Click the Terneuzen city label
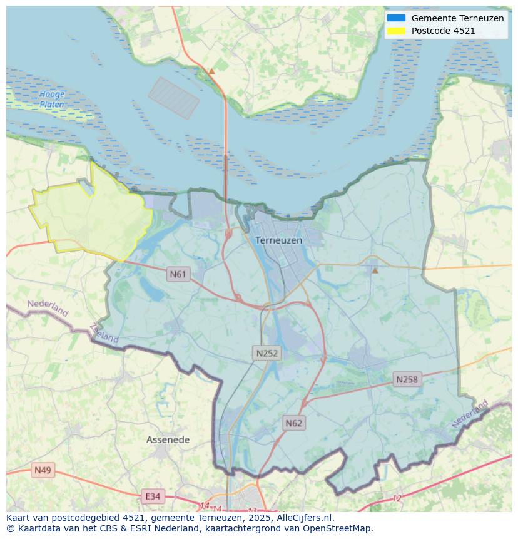278,240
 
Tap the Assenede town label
168,439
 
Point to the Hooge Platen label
51,100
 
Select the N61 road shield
178,274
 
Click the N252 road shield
267,353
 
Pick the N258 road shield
407,379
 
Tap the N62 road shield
293,423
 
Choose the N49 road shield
43,470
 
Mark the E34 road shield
152,496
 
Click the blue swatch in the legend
396,18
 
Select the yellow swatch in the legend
396,31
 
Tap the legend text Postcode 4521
443,31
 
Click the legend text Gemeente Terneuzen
457,18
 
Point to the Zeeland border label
104,332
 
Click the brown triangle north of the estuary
211,71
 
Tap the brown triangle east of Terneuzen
375,270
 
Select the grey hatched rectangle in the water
174,98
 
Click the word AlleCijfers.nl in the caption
305,518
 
